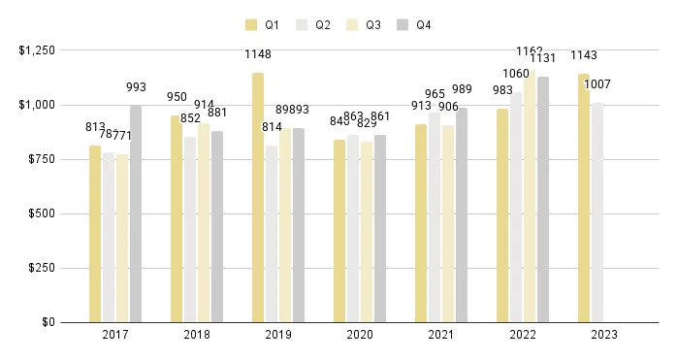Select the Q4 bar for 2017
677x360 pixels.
(136, 213)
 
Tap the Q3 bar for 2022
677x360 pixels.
(530, 195)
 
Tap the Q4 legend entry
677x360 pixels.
(416, 24)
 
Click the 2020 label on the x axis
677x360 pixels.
(360, 335)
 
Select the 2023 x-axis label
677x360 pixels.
(603, 335)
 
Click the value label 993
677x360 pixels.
(136, 87)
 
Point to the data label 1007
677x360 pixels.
(597, 84)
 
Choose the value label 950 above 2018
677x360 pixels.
(177, 97)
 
